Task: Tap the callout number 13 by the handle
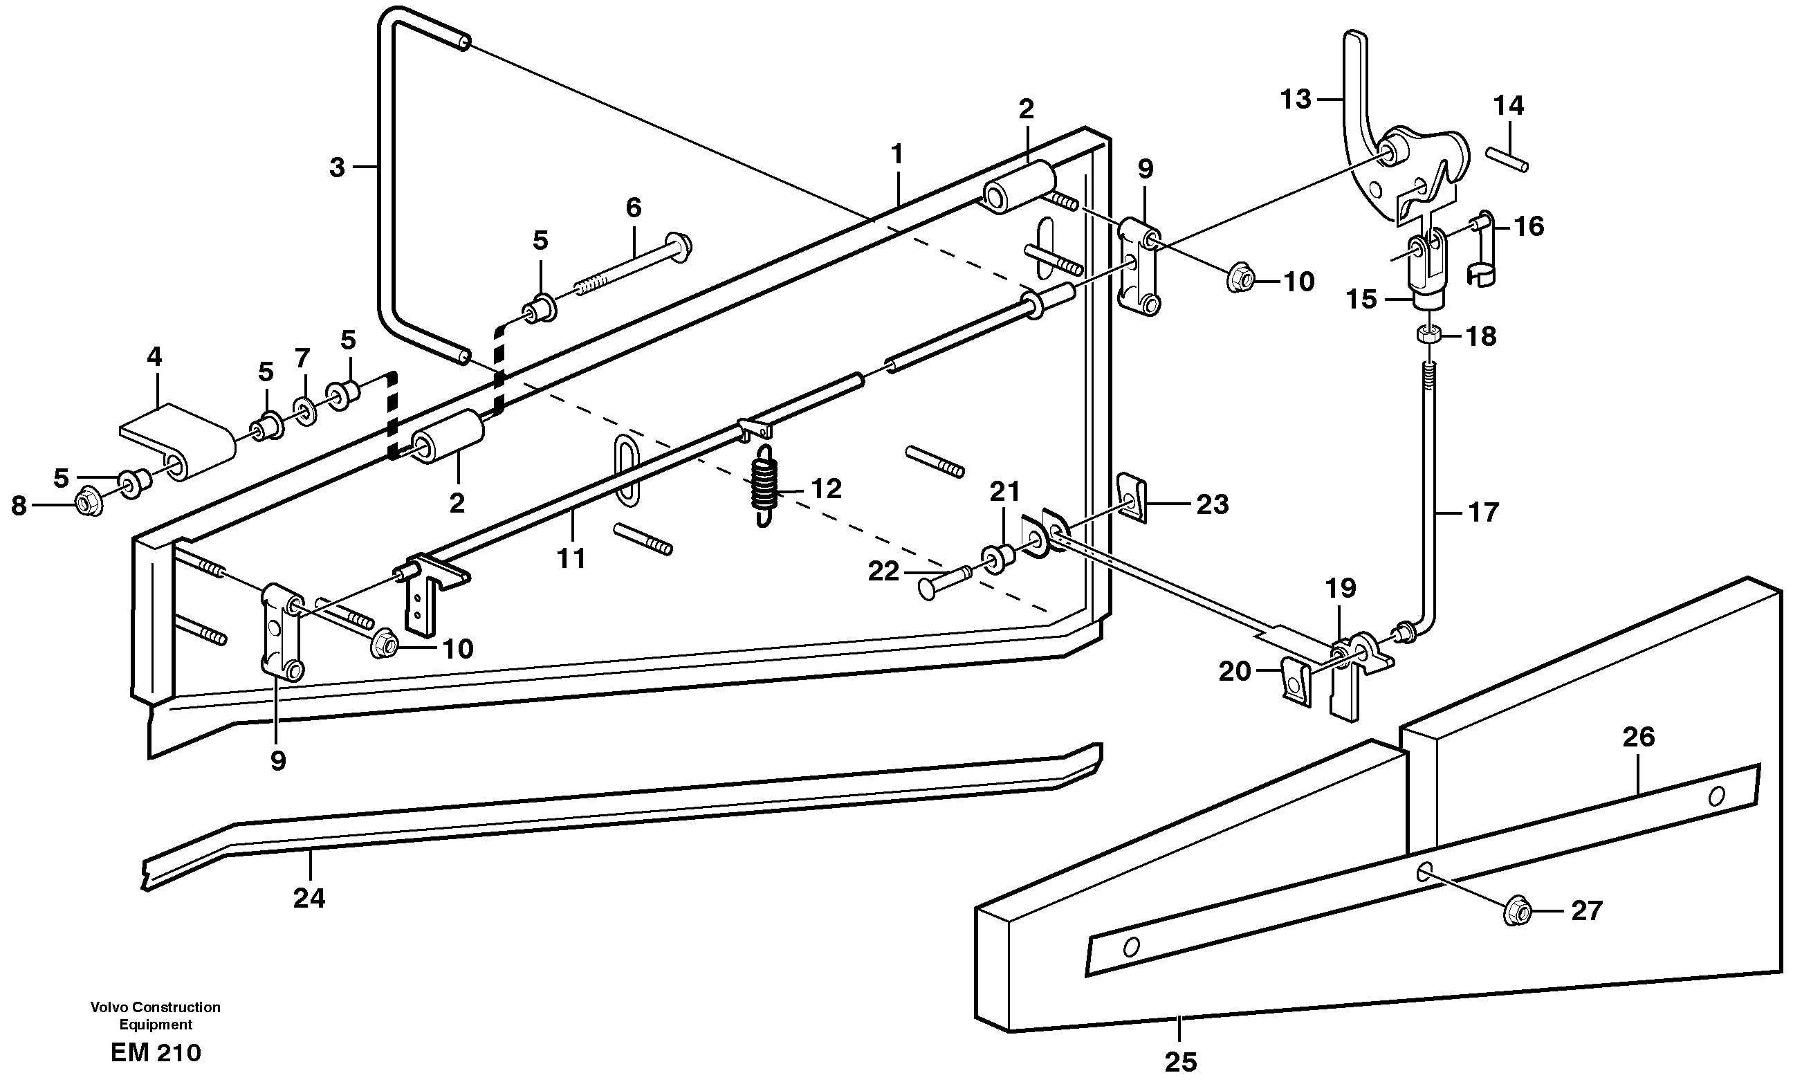[1295, 100]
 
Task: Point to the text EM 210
[156, 1052]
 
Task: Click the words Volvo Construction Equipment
[155, 1015]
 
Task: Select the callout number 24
[309, 899]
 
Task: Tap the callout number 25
[1180, 1062]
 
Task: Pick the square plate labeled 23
[1131, 497]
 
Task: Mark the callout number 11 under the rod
[571, 558]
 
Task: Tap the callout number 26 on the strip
[1639, 737]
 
